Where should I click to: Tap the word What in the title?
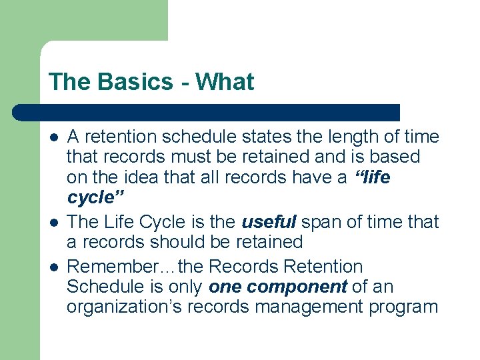pyautogui.click(x=225, y=82)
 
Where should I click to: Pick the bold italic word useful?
pyautogui.click(x=269, y=222)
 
